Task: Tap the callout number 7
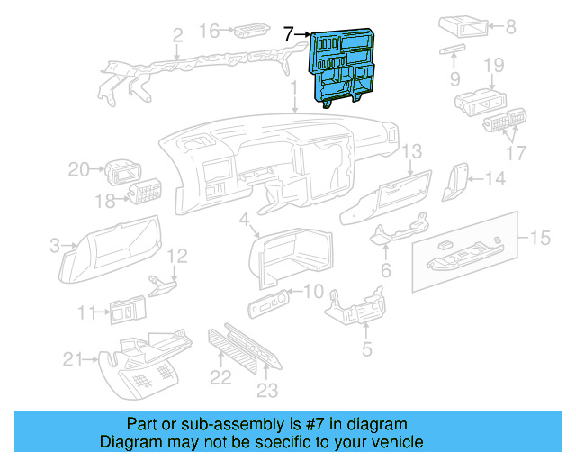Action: click(x=289, y=35)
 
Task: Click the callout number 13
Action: click(x=411, y=151)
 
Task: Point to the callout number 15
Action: click(x=540, y=239)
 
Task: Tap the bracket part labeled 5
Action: click(x=355, y=311)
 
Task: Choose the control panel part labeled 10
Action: click(x=270, y=303)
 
